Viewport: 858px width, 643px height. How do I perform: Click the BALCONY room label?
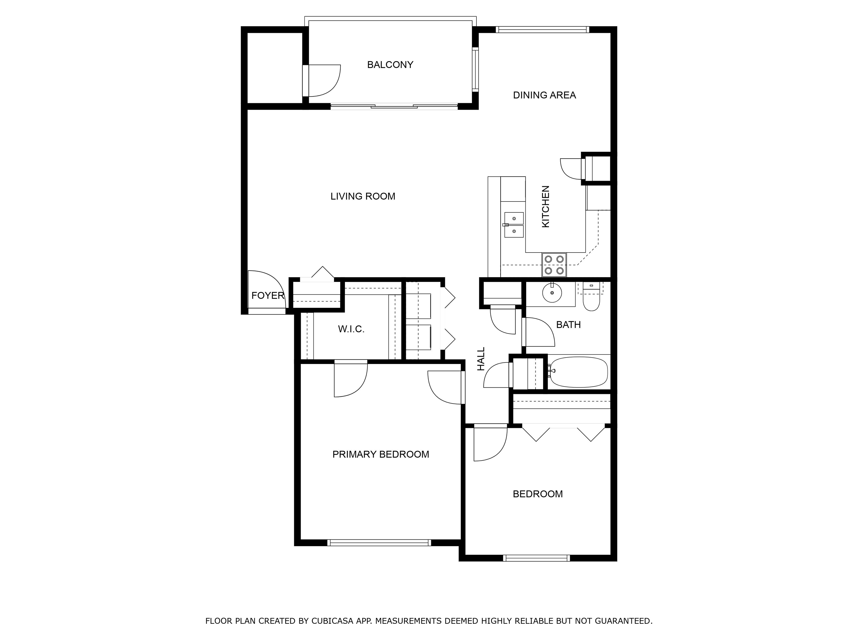click(390, 65)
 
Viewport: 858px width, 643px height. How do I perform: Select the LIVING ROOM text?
click(363, 196)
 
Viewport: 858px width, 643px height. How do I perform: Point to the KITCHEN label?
click(545, 207)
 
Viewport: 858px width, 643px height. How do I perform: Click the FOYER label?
click(268, 296)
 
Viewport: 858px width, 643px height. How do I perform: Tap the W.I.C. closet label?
click(351, 329)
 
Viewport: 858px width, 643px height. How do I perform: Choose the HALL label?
click(481, 359)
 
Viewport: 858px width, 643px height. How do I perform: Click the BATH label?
click(568, 325)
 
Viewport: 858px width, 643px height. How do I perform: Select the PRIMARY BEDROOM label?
click(380, 454)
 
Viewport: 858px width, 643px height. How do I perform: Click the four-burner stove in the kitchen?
click(554, 265)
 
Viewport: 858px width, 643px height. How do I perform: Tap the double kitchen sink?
click(514, 225)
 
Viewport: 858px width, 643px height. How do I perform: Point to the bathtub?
click(579, 372)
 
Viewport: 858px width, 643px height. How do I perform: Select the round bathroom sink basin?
click(552, 293)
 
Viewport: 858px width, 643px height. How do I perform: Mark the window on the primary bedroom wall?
click(379, 543)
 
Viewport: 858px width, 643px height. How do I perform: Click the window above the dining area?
click(542, 30)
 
